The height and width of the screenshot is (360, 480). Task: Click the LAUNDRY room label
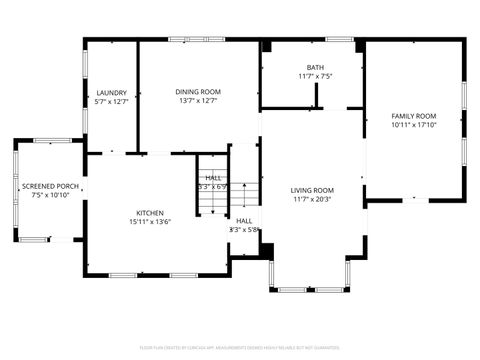tap(111, 91)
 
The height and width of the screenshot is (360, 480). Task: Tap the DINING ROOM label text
tap(197, 91)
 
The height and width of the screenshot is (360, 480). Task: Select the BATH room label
tap(314, 68)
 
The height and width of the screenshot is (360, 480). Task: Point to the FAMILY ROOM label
tap(413, 116)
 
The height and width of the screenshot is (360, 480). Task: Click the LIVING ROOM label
tap(312, 190)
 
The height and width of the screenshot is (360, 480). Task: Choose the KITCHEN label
tap(150, 213)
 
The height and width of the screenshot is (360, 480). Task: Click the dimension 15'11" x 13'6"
tap(150, 222)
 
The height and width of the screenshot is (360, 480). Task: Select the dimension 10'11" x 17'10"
tap(413, 125)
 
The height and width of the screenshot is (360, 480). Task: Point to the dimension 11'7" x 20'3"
tap(312, 199)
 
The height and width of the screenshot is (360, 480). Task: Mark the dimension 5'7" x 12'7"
tap(111, 100)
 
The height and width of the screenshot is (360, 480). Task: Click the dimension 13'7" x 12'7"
tap(197, 100)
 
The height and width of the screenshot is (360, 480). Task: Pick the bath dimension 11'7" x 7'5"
tap(314, 76)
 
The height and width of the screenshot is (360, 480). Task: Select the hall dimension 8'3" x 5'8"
tap(244, 230)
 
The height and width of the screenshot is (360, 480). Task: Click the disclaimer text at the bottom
tap(240, 347)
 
